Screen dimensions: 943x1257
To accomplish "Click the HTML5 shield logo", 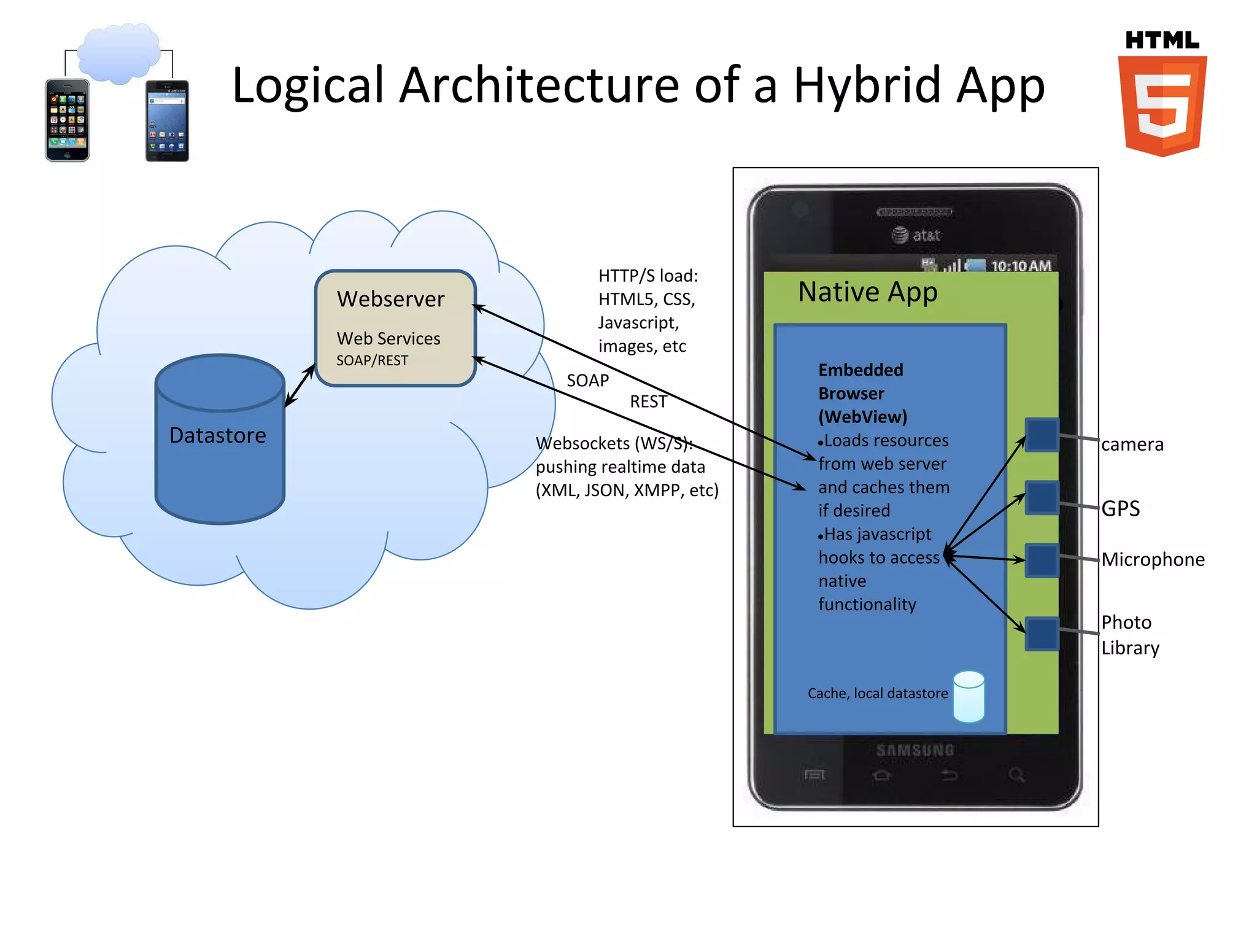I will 1162,104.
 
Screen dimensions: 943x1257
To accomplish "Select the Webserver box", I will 395,328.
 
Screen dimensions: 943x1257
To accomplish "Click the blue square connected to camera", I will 1042,435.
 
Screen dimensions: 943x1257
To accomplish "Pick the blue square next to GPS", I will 1042,497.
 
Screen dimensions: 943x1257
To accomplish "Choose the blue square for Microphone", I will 1042,560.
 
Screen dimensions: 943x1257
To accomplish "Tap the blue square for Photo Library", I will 1042,633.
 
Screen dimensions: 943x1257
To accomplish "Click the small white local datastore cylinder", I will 969,696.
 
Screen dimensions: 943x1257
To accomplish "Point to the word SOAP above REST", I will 587,381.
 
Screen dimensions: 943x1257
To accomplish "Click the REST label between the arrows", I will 648,402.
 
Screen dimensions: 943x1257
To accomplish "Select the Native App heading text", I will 867,292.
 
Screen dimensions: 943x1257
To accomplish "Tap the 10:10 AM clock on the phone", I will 1021,266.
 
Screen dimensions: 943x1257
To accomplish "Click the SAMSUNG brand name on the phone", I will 915,750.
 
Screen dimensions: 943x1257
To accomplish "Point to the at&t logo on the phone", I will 916,235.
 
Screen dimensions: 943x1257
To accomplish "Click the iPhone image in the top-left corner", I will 68,120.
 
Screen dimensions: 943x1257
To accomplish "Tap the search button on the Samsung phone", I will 1016,775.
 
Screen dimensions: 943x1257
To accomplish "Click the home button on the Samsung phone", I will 881,775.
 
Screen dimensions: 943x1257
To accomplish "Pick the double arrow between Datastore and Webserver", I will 300,386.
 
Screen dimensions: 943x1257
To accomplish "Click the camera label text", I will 1132,444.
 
